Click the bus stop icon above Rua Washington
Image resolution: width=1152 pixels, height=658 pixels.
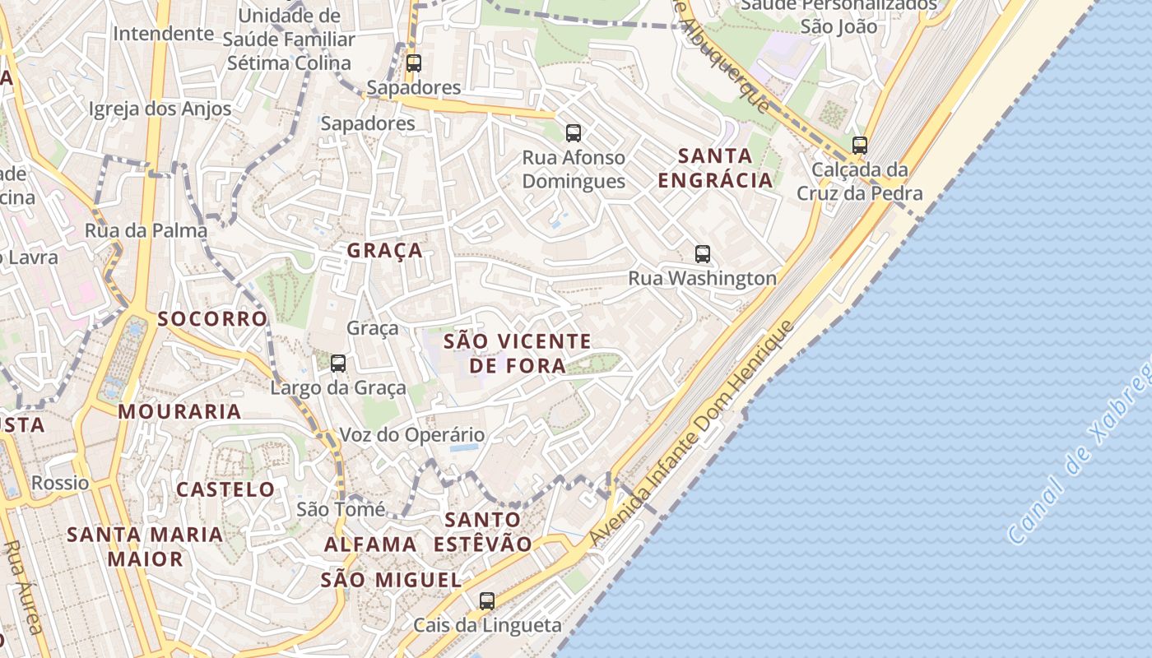pos(702,254)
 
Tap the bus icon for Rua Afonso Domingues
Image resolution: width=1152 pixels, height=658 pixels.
pos(574,132)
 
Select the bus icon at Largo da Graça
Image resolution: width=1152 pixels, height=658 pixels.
pos(337,363)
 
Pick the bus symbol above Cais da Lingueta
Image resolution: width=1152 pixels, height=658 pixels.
pos(487,601)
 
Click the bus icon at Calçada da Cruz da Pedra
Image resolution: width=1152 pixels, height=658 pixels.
pos(860,146)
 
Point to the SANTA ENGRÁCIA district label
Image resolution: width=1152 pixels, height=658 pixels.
pos(716,168)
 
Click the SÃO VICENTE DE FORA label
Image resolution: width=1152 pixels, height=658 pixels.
pos(518,353)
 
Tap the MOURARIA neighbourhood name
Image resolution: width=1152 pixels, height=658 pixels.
pos(180,411)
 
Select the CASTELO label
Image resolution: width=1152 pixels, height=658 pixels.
pos(226,489)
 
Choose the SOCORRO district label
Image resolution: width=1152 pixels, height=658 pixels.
pos(213,318)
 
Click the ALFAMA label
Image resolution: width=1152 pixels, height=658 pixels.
pos(370,544)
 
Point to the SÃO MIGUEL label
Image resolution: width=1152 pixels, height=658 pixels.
pos(391,580)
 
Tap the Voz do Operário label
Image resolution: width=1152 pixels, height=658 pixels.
pos(412,435)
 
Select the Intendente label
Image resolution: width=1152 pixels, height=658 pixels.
pos(163,34)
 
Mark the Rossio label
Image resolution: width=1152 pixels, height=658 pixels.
pos(60,483)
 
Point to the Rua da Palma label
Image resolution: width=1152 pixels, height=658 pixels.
pos(146,230)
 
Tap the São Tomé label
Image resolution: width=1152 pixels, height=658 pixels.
pos(341,510)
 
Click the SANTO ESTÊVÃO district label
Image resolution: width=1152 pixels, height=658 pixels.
pos(483,531)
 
